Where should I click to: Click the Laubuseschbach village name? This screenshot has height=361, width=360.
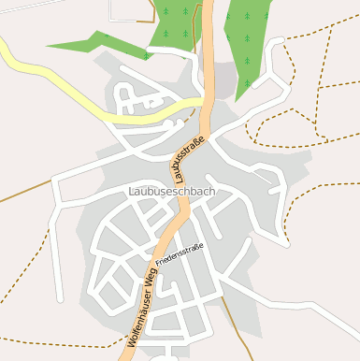click(x=169, y=192)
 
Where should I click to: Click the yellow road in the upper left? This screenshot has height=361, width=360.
click(x=37, y=68)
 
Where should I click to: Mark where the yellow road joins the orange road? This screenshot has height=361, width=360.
click(x=205, y=104)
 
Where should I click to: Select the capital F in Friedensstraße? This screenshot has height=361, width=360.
click(x=158, y=265)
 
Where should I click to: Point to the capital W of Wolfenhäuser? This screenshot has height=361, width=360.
click(x=132, y=345)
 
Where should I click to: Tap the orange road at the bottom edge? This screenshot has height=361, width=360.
click(x=123, y=357)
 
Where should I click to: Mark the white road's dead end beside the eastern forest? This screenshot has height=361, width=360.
click(x=278, y=42)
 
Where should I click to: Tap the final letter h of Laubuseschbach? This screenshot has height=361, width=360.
click(x=212, y=192)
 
